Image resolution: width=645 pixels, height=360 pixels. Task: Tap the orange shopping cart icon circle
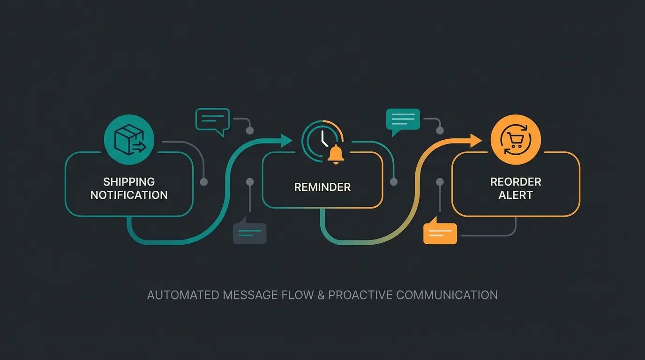(x=515, y=139)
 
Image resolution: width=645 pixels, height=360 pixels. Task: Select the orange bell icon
(x=336, y=155)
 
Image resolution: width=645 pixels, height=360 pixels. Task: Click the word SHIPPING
(x=129, y=182)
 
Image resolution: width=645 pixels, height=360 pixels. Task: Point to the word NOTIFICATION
(x=129, y=195)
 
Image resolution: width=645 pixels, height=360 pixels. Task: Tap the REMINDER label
(x=322, y=187)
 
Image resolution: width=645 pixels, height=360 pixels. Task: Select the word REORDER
(x=516, y=182)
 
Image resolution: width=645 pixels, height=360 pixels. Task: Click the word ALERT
(x=516, y=195)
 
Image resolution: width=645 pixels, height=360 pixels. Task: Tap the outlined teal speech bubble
(x=212, y=120)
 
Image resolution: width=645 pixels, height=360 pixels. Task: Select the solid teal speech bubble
(x=403, y=120)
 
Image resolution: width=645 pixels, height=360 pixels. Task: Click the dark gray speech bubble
(x=250, y=232)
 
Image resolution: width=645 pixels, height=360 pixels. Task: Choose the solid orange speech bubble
(x=440, y=232)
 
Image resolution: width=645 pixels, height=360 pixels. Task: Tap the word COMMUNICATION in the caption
(x=447, y=295)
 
